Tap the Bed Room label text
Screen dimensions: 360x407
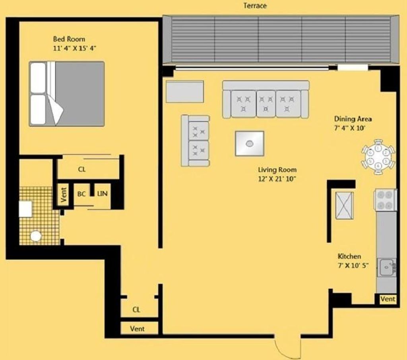click(x=69, y=39)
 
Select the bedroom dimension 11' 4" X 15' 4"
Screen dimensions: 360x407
click(x=75, y=48)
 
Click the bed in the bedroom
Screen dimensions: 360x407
click(x=67, y=93)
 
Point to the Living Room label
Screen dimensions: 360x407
click(x=277, y=170)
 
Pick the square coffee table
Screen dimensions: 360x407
click(x=249, y=143)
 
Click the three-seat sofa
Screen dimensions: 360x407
click(x=266, y=99)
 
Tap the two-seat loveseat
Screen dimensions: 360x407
click(x=196, y=140)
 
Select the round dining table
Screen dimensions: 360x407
click(x=378, y=156)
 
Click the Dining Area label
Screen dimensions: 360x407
click(x=353, y=119)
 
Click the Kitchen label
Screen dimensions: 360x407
click(x=349, y=256)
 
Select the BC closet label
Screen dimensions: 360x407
click(x=81, y=194)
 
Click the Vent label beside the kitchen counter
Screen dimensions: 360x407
click(x=388, y=299)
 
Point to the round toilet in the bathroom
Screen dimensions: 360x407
click(x=36, y=236)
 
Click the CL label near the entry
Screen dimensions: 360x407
click(x=136, y=309)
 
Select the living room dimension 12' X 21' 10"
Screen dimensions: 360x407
click(x=277, y=179)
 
